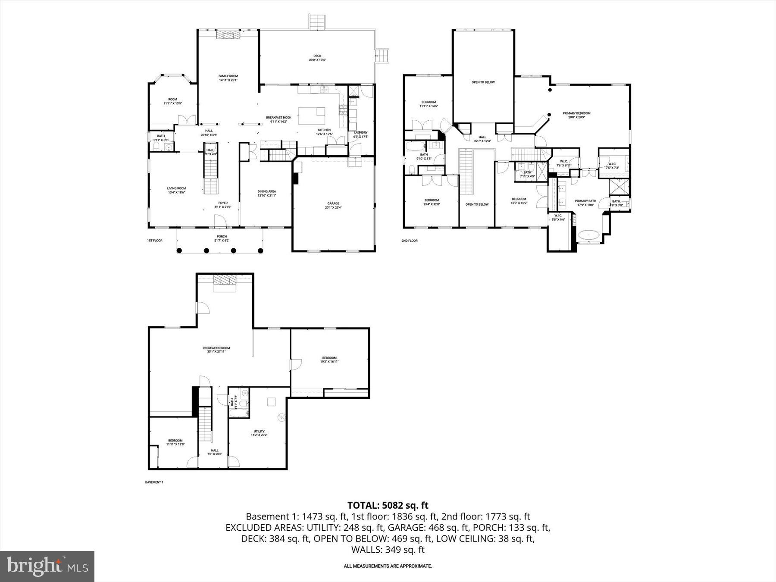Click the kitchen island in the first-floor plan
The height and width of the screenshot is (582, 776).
click(x=311, y=116)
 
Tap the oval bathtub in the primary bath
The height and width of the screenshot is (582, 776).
click(x=588, y=235)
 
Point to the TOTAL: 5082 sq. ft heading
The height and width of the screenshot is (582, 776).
click(x=388, y=505)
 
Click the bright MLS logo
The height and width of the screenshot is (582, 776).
click(x=47, y=566)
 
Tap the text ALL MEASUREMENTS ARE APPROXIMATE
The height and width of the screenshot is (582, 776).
click(x=388, y=566)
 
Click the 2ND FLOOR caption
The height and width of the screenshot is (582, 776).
click(x=410, y=241)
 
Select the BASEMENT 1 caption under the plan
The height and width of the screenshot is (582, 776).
click(x=154, y=482)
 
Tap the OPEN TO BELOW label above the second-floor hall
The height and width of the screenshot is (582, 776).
click(x=483, y=82)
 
